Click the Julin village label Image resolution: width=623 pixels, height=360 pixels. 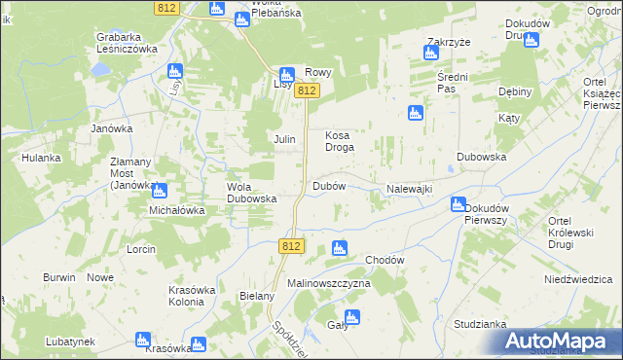pos(283,140)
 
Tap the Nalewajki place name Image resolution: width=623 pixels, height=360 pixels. pos(409,189)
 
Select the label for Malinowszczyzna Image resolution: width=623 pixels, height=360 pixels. pos(329,283)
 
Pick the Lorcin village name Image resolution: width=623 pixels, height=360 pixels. pos(141,249)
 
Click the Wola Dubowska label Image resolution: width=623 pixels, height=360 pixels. pos(252,193)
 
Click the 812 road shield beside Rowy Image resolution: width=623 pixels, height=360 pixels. pos(308,90)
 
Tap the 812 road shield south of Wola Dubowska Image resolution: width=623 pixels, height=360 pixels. pos(290,246)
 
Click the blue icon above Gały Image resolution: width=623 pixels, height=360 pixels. pos(351,316)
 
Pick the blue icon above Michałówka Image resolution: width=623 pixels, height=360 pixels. pos(159,191)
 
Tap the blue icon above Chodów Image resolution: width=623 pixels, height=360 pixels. pos(339,248)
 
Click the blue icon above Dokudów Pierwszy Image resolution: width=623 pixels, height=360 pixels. pos(458,204)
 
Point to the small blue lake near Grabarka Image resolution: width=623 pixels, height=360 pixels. pos(98,70)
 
